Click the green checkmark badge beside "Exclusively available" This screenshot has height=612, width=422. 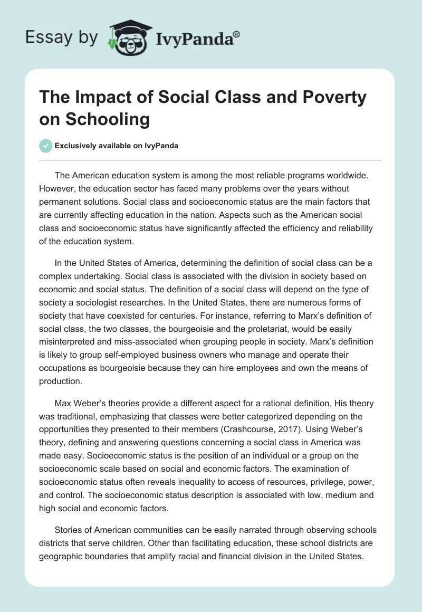click(x=46, y=146)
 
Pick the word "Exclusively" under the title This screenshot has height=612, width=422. click(x=76, y=146)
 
